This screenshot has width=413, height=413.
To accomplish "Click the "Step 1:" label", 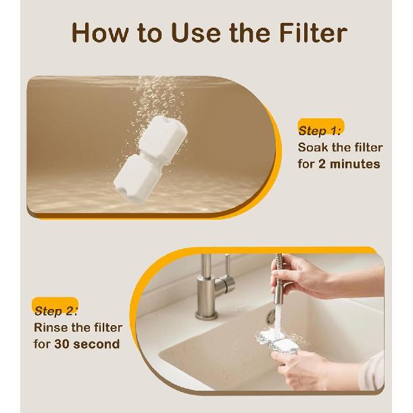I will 321,130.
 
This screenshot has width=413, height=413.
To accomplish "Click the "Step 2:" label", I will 56,312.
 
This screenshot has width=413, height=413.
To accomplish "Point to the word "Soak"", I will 315,147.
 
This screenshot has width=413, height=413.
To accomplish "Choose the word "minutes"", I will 356,164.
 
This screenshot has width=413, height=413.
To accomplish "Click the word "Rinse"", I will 52,329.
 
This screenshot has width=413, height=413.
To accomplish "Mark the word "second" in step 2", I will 99,345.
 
